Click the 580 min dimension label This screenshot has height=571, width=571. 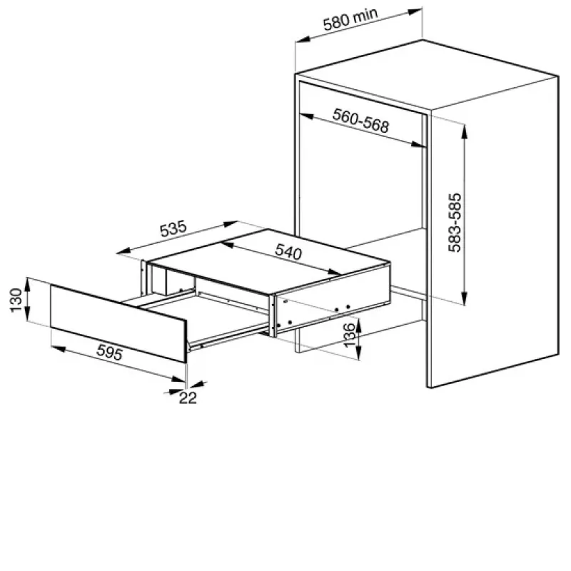(x=350, y=19)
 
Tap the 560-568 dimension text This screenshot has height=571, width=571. (x=360, y=121)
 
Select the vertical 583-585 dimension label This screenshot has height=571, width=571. (x=455, y=223)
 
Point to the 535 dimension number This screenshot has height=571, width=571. (x=173, y=228)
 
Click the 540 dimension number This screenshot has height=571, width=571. (x=288, y=251)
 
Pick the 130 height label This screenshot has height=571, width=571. (x=16, y=300)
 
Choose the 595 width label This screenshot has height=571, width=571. (x=110, y=352)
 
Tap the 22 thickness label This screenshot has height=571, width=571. (x=188, y=398)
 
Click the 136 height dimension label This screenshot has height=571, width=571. (x=349, y=335)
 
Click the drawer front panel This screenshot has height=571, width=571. (x=118, y=323)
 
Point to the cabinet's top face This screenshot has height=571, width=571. (x=426, y=75)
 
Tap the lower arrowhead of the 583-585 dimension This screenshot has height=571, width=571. (x=465, y=298)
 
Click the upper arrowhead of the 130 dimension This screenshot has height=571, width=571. (x=28, y=284)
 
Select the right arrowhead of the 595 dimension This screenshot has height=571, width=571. (x=178, y=379)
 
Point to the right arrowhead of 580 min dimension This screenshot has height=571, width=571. (x=415, y=11)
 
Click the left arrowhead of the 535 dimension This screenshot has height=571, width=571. (x=123, y=251)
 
